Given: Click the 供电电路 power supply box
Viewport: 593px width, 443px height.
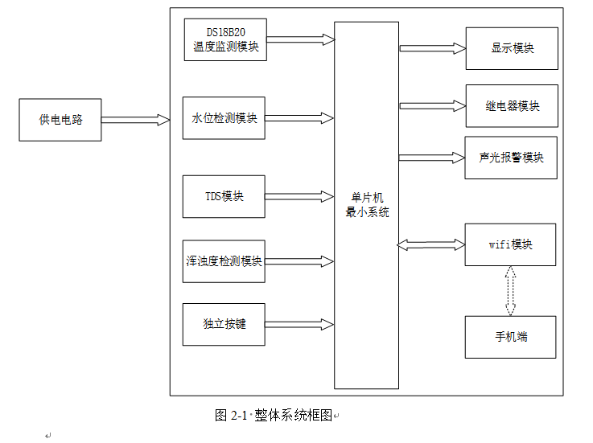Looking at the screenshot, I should [x=60, y=120].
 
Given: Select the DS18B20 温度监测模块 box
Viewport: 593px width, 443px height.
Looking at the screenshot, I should [x=225, y=39].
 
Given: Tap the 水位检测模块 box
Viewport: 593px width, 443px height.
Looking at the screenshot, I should [x=224, y=118].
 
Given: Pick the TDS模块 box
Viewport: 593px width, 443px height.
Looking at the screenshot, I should [x=224, y=196].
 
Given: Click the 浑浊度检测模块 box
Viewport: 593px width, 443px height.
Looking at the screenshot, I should [x=224, y=261].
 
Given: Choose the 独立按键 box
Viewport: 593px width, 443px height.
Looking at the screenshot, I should [x=224, y=325].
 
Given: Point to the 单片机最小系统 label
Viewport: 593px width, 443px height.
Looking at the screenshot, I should [x=367, y=206].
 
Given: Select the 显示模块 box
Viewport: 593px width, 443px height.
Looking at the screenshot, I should [x=512, y=48].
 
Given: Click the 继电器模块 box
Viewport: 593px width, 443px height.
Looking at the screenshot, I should [x=512, y=106].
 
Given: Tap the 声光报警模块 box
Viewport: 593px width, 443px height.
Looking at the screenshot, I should [x=511, y=158].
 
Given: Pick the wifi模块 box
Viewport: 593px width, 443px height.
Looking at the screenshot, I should [x=510, y=244].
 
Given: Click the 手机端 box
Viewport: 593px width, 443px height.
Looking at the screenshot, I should [x=510, y=337].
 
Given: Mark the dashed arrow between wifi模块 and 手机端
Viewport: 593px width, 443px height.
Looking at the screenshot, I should [x=510, y=291].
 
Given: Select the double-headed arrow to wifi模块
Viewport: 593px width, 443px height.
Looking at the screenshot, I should [x=431, y=244].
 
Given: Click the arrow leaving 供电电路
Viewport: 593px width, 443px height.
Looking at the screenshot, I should [x=135, y=120].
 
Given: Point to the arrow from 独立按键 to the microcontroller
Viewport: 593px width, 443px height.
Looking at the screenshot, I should [x=299, y=325].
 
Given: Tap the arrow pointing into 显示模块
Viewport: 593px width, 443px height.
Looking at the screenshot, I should [x=433, y=48].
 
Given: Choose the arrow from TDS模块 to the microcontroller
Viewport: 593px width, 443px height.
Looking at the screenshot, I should [x=299, y=196].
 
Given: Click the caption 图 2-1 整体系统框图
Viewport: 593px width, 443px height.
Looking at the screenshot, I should [x=274, y=415].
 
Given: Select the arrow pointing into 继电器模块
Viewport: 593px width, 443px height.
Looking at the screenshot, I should [x=433, y=106].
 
